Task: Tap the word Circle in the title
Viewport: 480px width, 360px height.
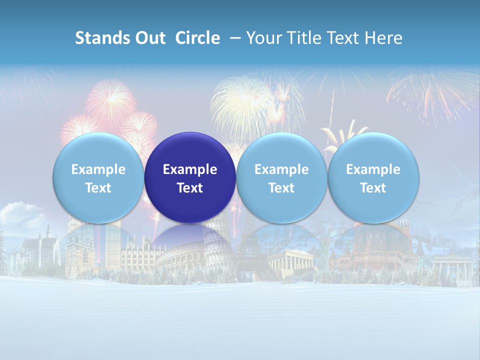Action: [197, 38]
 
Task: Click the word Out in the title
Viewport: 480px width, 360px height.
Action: [149, 38]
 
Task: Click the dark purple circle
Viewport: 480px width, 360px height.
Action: [190, 178]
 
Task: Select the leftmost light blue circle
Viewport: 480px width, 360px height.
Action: [98, 178]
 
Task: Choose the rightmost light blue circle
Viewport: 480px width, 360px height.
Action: [373, 178]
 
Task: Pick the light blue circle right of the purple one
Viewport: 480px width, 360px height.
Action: [281, 178]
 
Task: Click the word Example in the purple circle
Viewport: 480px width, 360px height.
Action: [190, 169]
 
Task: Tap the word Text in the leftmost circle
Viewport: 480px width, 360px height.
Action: [98, 188]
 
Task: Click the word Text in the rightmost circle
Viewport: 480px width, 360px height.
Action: [373, 188]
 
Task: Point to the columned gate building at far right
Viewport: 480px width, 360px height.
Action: [452, 265]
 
